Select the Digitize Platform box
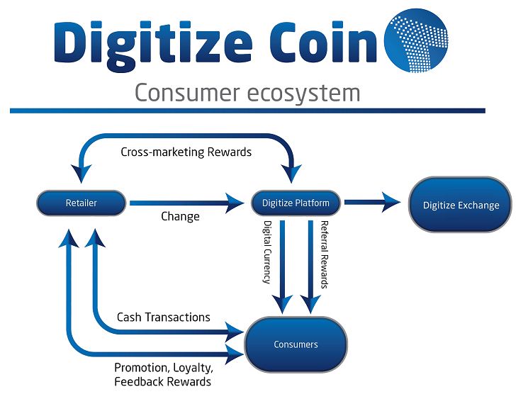pos(296,203)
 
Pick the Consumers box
pos(296,345)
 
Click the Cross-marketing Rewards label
pos(186,152)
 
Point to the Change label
pos(180,217)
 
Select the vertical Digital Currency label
pos(267,252)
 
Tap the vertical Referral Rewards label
pos(324,252)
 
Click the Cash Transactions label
pos(163,317)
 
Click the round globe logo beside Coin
pos(417,40)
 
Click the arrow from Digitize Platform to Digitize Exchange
pos(372,203)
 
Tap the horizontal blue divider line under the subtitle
pos(247,111)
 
